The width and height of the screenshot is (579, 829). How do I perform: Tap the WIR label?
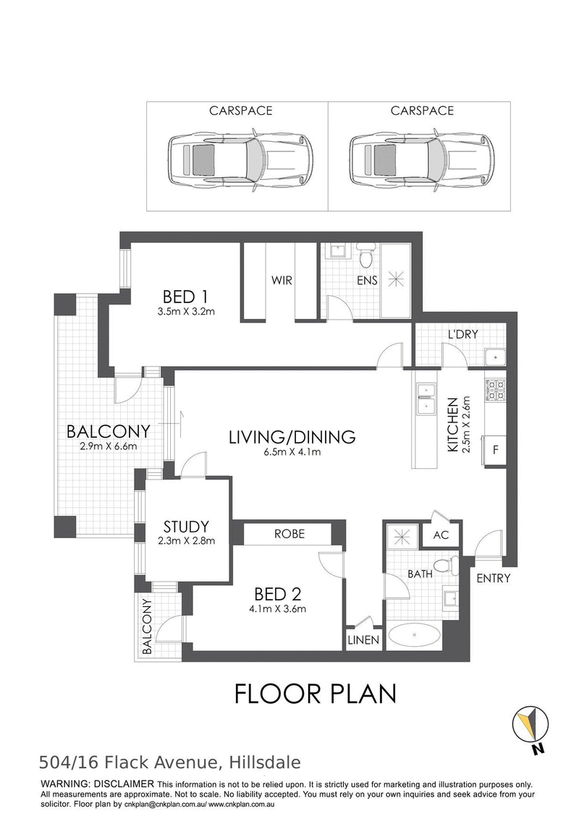(282, 280)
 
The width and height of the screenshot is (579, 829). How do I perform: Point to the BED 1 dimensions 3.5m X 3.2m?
(187, 313)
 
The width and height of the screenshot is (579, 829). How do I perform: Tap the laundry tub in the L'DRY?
(494, 356)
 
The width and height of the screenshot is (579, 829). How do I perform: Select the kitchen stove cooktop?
(496, 390)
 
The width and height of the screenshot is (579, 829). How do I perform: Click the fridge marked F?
(496, 448)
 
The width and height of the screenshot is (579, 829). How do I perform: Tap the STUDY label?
(186, 526)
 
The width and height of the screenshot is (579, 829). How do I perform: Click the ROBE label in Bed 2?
(289, 534)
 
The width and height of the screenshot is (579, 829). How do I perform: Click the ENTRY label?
(494, 578)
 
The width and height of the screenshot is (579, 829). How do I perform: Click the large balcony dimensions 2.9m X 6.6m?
(108, 446)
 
